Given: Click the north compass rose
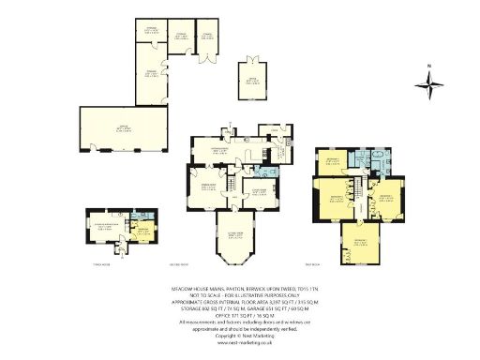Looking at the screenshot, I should pos(431,87).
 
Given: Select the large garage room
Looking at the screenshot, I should pos(124,128).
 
